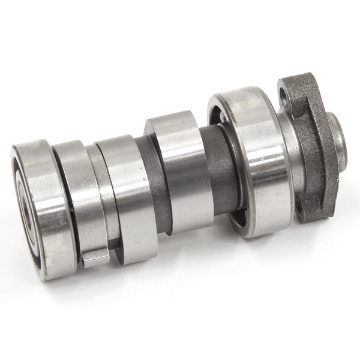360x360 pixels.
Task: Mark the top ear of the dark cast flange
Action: [x=294, y=84]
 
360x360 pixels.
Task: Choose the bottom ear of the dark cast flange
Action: [x=306, y=213]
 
